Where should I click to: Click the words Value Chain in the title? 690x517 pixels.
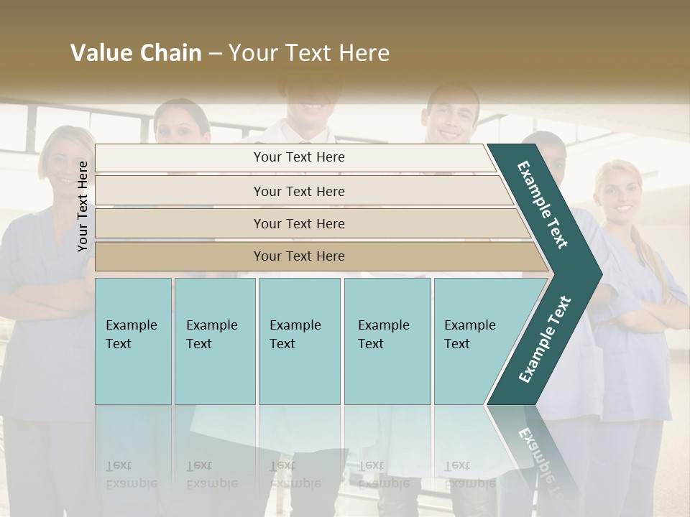[x=136, y=53]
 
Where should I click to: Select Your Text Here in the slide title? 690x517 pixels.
[x=309, y=53]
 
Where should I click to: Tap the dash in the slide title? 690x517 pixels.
[x=215, y=54]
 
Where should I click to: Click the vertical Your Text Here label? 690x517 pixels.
[x=83, y=206]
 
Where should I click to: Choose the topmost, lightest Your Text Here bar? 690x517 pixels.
[x=298, y=157]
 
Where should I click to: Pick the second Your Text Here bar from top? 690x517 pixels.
[x=298, y=191]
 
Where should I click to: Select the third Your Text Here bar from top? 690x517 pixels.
[x=298, y=223]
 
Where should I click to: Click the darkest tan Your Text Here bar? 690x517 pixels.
[x=298, y=256]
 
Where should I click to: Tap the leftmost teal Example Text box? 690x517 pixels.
[x=133, y=341]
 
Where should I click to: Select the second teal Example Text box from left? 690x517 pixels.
[x=214, y=341]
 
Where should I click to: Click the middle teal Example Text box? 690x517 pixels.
[x=299, y=341]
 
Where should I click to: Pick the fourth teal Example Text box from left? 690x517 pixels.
[x=387, y=341]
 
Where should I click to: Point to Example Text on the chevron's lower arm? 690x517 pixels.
[x=545, y=339]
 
